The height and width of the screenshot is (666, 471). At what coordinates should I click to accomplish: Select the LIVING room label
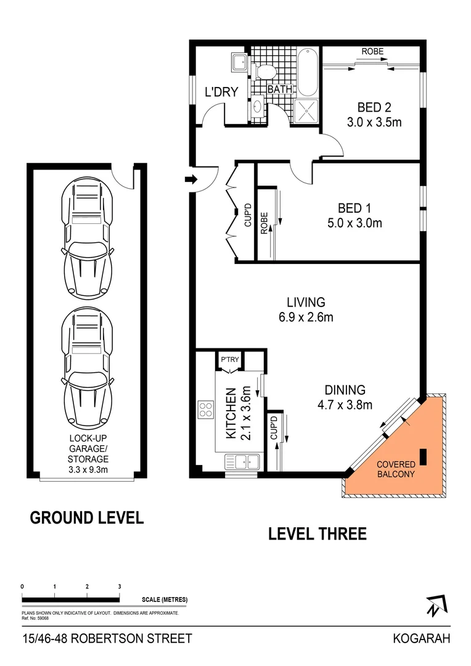(306, 302)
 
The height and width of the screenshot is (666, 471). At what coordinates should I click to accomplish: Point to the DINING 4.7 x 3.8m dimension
(345, 405)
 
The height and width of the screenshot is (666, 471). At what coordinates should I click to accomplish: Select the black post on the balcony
(424, 456)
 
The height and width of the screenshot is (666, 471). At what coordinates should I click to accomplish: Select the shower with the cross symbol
(307, 110)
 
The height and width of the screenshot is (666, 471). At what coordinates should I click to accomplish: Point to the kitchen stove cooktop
(205, 409)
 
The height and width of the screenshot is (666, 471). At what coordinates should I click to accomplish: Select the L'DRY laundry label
(221, 92)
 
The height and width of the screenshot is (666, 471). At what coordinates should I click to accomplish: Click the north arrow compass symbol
(436, 606)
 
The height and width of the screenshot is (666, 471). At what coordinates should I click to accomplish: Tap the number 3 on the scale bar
(120, 586)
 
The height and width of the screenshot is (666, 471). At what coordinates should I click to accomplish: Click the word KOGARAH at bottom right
(421, 639)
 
